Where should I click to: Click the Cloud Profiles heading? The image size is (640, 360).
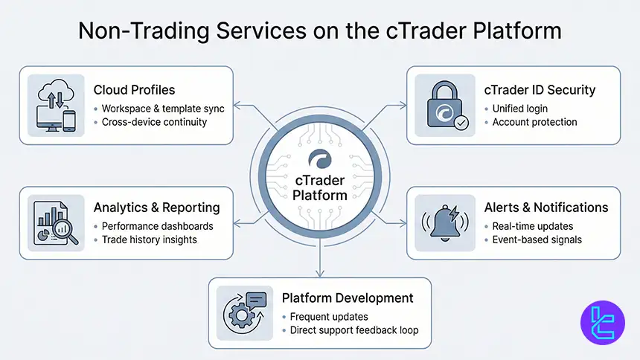[134, 90]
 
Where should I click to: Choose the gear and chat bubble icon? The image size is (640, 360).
[243, 313]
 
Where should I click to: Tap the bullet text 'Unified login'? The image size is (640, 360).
[519, 109]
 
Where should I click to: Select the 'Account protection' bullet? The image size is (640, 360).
[534, 122]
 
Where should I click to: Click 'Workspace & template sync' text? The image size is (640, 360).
[163, 109]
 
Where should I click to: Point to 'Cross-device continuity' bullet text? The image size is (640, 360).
[154, 122]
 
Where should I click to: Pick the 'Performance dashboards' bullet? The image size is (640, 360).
[157, 226]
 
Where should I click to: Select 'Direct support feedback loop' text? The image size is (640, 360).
[354, 330]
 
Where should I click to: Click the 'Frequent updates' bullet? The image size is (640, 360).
[328, 317]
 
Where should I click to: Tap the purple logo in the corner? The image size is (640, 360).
[602, 323]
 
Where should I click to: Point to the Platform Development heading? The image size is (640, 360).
[348, 298]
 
